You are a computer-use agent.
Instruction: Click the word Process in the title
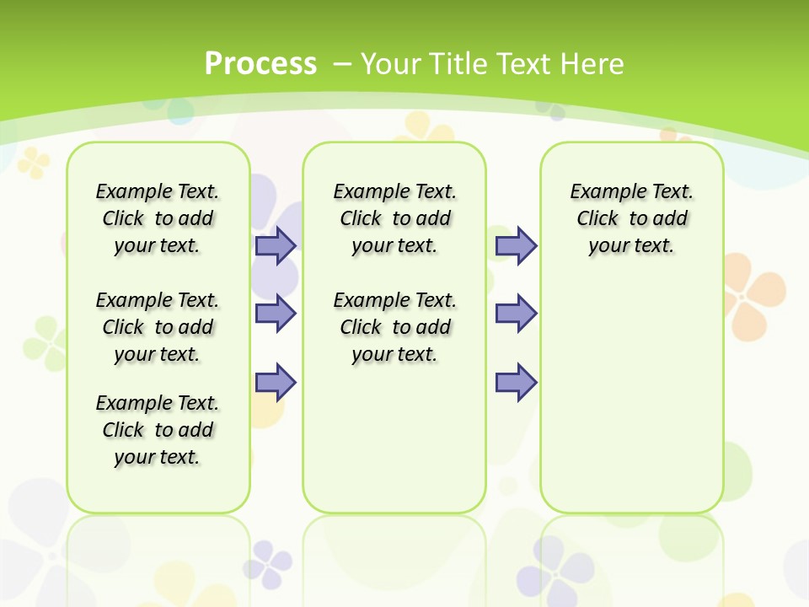tap(260, 64)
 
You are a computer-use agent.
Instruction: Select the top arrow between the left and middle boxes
tap(276, 245)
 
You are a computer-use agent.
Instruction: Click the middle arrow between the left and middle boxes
tap(276, 314)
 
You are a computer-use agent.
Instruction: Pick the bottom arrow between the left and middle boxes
tap(276, 382)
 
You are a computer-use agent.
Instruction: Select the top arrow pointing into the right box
tap(516, 245)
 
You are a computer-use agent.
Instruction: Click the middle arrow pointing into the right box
tap(516, 314)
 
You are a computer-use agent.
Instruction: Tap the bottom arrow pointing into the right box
tap(516, 382)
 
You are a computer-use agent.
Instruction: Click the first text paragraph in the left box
tap(158, 218)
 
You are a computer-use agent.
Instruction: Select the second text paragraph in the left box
tap(158, 327)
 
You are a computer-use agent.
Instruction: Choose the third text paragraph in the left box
tap(158, 430)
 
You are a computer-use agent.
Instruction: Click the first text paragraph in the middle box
tap(394, 218)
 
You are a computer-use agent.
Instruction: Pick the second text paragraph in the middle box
tap(394, 327)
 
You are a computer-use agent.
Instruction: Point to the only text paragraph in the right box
tap(631, 218)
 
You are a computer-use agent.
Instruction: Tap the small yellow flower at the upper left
tap(34, 162)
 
